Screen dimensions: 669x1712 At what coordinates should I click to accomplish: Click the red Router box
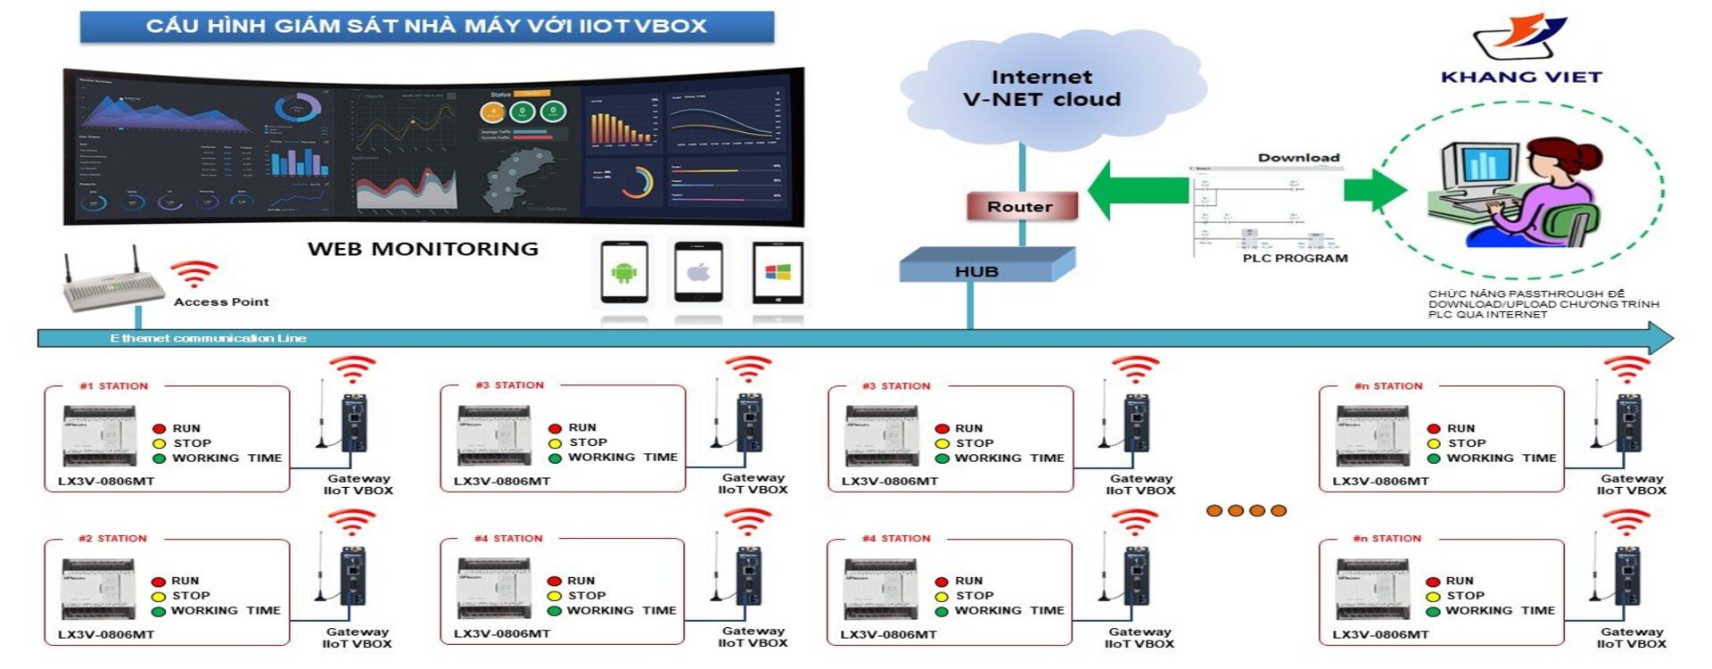click(1022, 207)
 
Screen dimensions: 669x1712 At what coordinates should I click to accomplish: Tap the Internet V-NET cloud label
click(1041, 88)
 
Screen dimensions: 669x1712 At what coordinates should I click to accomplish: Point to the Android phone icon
click(624, 272)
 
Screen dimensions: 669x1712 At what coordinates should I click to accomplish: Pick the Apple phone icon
click(698, 272)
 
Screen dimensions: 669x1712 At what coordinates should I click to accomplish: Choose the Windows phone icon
click(778, 272)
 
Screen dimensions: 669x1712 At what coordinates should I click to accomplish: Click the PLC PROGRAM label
click(1295, 259)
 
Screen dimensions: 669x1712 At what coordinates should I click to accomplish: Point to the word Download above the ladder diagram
click(1298, 158)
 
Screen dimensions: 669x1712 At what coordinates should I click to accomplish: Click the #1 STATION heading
click(114, 386)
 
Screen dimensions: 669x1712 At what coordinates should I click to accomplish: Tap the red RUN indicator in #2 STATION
click(159, 582)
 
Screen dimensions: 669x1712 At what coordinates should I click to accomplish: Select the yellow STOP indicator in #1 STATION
click(160, 443)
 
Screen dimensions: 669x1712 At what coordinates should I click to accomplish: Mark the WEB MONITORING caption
click(423, 249)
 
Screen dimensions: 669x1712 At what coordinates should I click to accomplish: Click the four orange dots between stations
click(1246, 511)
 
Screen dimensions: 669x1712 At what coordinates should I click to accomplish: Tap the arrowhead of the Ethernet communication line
click(1660, 338)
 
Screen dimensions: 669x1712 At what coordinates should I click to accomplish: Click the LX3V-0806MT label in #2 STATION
click(106, 635)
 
